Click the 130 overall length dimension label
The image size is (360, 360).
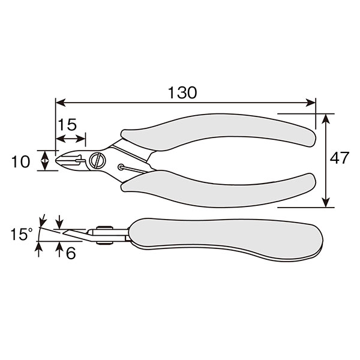coord(182,92)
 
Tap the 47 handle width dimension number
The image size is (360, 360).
coord(340,157)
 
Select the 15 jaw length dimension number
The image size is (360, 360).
coord(67,125)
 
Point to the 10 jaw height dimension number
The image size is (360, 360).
coord(20,161)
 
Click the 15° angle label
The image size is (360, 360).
coord(22,234)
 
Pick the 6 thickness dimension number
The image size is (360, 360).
coord(71,253)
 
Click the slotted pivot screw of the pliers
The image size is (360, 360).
coord(98,160)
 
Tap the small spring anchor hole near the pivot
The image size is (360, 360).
coord(121,167)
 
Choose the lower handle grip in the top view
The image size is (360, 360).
coord(218,191)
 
